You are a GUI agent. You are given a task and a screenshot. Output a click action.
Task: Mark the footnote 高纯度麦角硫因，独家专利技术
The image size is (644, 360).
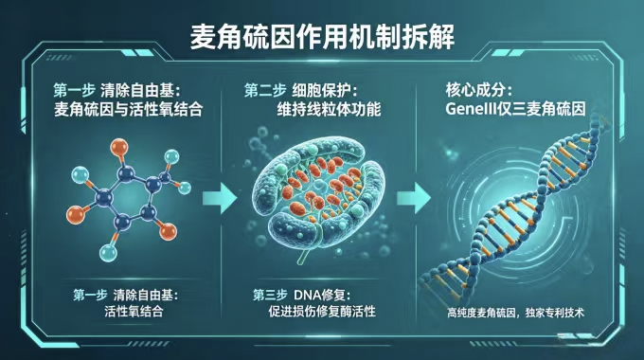pyautogui.click(x=517, y=313)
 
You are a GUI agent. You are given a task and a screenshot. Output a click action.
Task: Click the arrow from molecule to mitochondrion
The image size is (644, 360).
pyautogui.click(x=220, y=197)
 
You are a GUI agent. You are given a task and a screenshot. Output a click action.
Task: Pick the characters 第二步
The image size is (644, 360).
pyautogui.click(x=264, y=91)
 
